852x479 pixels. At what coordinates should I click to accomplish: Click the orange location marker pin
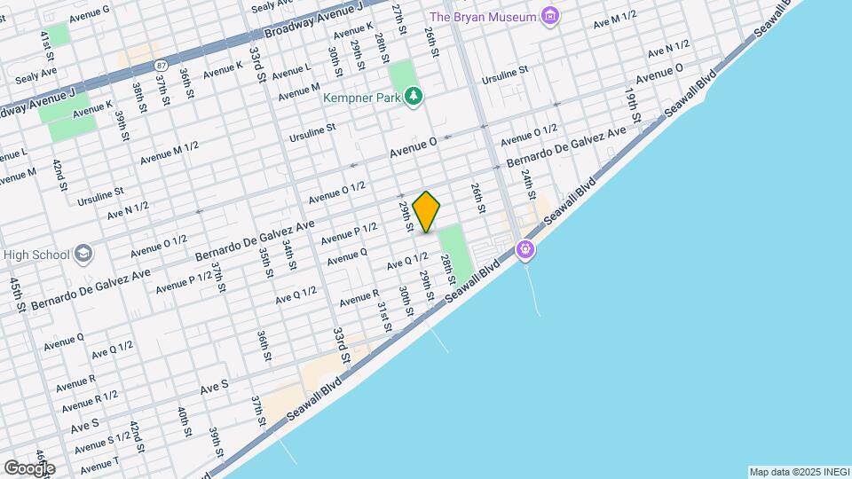point(427,212)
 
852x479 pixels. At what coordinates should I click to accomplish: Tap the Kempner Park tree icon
point(413,97)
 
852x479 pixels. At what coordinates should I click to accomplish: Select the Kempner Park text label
point(362,98)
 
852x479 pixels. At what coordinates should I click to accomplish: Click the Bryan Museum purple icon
point(551,16)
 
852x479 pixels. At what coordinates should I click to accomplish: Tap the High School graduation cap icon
point(83,255)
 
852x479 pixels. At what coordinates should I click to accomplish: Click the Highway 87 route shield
point(161,65)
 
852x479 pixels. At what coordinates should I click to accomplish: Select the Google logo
point(28,467)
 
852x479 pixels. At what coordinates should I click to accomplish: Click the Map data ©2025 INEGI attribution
point(798,472)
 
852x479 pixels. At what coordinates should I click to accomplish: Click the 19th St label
point(631,104)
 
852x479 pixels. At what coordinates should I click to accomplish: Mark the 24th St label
point(527,184)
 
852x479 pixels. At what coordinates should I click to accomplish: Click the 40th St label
point(183,422)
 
